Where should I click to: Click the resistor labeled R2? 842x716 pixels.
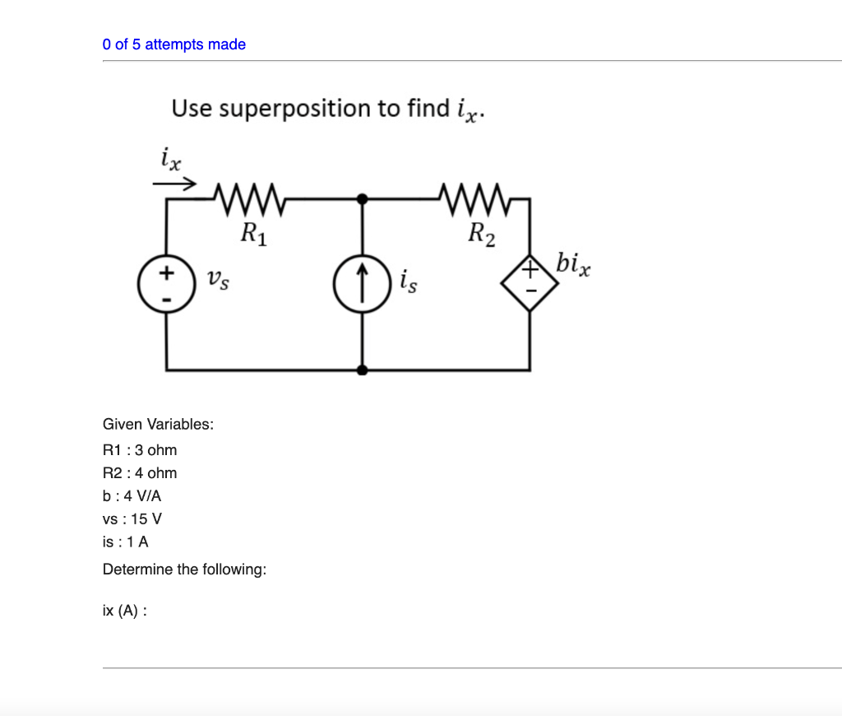[475, 199]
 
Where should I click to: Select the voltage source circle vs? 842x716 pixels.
[167, 285]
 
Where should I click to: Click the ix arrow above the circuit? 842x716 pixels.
[176, 183]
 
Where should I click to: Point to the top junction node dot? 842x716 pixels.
[362, 198]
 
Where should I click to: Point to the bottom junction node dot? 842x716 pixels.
[362, 370]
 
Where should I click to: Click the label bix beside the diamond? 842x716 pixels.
[572, 265]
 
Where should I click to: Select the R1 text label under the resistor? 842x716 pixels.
[253, 234]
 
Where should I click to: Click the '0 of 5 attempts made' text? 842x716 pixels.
[174, 44]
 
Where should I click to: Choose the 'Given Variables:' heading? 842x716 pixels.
[158, 425]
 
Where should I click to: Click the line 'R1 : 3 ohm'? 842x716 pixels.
[140, 450]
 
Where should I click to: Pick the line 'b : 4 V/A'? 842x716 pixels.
[132, 496]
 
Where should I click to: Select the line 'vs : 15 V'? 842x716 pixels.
[132, 519]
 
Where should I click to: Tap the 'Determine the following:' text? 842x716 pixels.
[184, 570]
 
